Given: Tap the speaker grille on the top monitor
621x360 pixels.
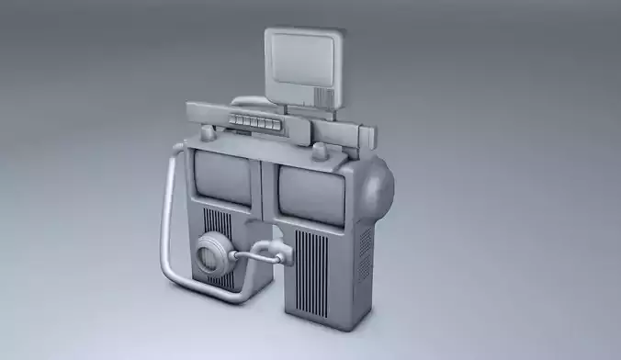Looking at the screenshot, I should coord(322,96).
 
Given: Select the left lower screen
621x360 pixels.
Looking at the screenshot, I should coord(223,176).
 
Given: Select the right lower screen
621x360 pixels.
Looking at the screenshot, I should coord(310,194).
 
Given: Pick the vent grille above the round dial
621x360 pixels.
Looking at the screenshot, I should coord(219,223).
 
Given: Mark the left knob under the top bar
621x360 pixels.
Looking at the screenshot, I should coord(209,134).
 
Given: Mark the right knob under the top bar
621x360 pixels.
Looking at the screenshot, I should coord(319,151).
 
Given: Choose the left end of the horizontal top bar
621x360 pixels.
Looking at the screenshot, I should coord(196,113).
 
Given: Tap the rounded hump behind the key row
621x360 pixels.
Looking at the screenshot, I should coord(246,103).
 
